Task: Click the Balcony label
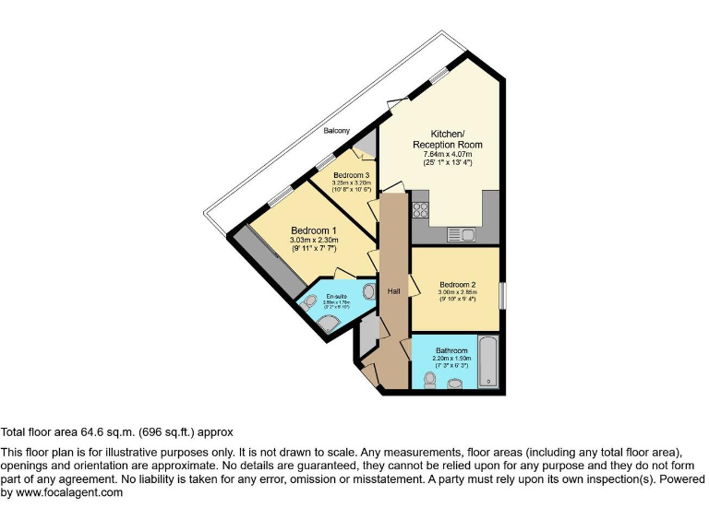tap(336, 131)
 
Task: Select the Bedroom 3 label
tap(352, 175)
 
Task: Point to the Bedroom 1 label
tap(314, 230)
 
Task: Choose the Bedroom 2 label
tap(457, 284)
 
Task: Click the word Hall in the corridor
tap(393, 291)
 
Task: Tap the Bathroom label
tap(451, 350)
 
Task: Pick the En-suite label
tap(335, 297)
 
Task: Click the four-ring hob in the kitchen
tap(422, 209)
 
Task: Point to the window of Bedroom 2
tap(502, 296)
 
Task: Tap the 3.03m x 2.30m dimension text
tap(314, 241)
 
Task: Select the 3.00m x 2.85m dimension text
tap(457, 293)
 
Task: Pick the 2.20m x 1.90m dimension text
tap(451, 360)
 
